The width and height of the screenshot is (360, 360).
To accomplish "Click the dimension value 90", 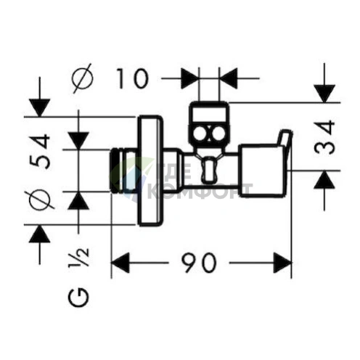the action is [198, 263].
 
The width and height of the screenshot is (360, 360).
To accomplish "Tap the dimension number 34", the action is [324, 137].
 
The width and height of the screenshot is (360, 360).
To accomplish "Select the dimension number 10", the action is [132, 78].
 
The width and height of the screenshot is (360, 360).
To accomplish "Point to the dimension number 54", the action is [39, 152].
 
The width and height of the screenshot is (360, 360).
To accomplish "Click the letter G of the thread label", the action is [78, 298].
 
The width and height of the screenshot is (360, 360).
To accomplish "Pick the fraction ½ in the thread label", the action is [78, 258].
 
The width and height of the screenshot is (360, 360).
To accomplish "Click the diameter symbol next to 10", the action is [83, 78].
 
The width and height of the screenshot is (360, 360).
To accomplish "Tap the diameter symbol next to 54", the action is [39, 200].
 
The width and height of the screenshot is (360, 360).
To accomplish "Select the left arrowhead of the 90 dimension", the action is [120, 263].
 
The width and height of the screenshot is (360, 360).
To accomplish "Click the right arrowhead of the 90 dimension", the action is [282, 263].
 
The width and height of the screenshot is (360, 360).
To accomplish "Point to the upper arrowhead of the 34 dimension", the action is [324, 94].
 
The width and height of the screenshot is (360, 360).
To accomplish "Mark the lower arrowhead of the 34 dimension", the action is [324, 180].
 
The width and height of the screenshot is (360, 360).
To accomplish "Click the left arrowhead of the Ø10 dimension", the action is [190, 78].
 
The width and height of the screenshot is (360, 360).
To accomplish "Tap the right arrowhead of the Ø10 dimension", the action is [228, 78].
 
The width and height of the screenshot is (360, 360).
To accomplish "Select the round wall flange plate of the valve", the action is [150, 171].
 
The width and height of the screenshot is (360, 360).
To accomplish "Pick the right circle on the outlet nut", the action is [218, 134].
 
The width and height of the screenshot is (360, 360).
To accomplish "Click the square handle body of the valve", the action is [261, 170].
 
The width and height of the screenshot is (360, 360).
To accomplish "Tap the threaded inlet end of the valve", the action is [117, 171].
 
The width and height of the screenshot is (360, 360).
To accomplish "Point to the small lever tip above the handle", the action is [285, 139].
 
